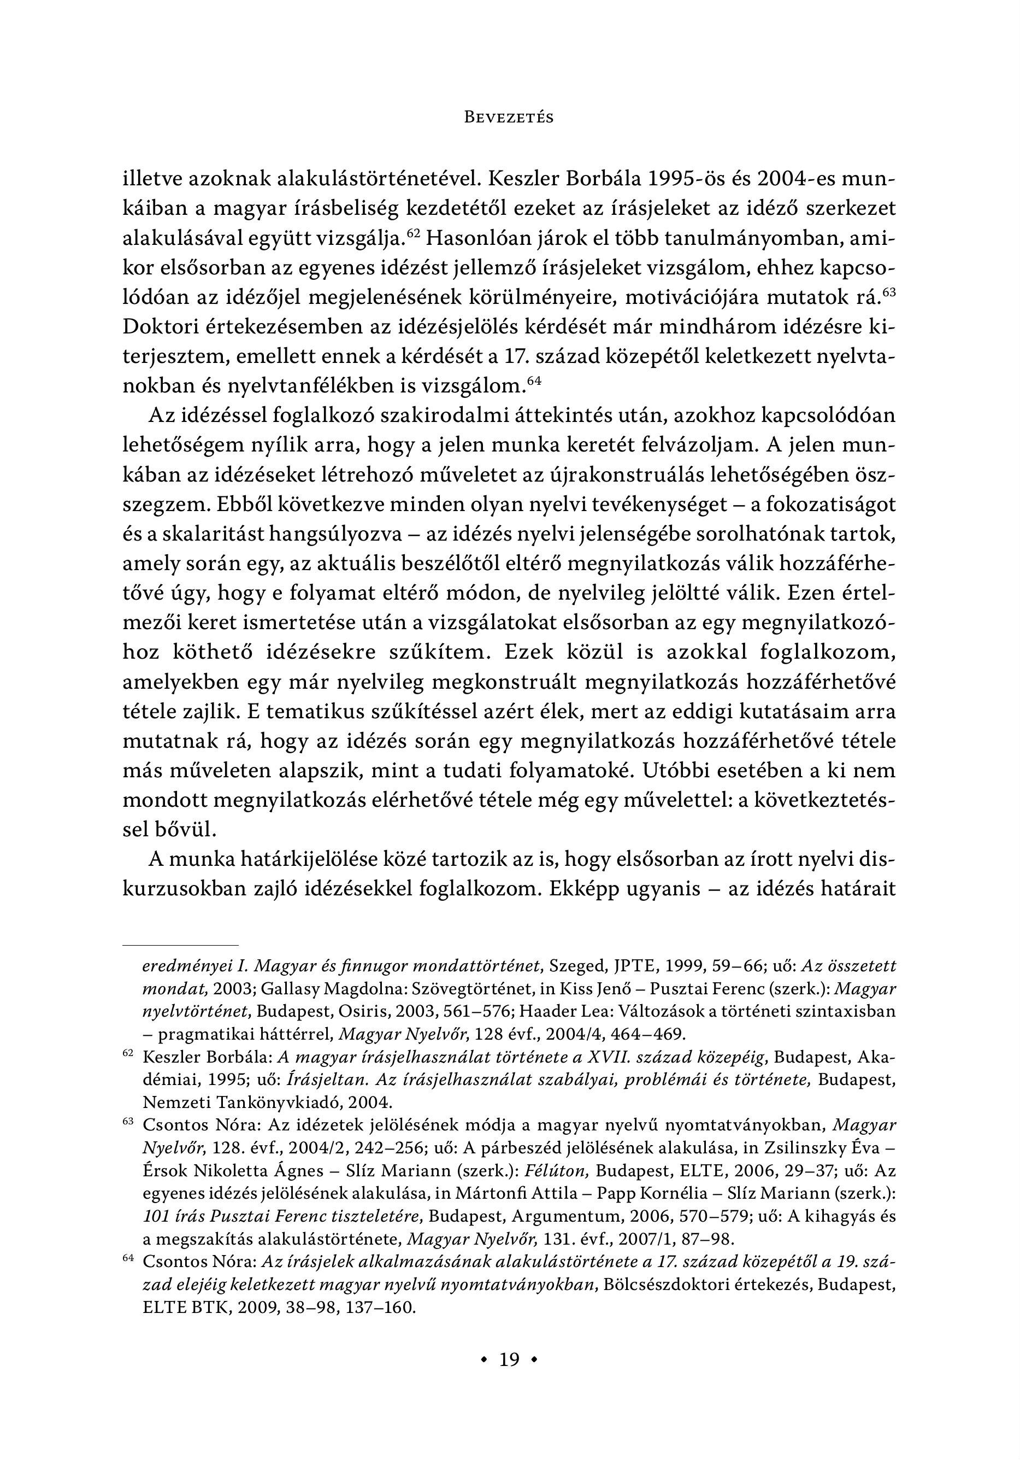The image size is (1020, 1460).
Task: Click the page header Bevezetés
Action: point(509,118)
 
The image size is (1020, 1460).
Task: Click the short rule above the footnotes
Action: point(180,946)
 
